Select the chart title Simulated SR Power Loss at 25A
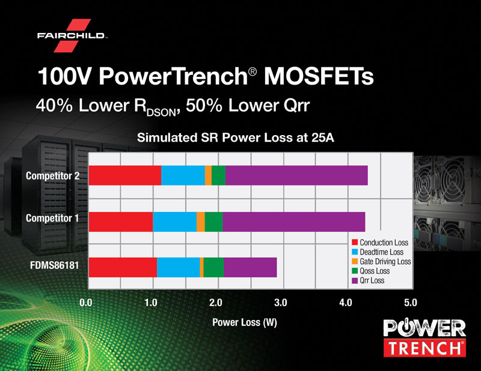click(236, 137)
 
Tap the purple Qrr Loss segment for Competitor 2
click(296, 175)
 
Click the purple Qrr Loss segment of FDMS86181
click(250, 267)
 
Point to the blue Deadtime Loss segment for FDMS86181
click(178, 267)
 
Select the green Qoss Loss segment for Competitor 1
click(213, 221)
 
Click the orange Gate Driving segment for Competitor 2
click(208, 175)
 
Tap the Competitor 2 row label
click(52, 176)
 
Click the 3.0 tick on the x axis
click(280, 301)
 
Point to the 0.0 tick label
click(88, 301)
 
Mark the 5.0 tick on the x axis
click(410, 301)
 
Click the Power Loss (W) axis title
click(245, 322)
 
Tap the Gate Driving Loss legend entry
click(385, 262)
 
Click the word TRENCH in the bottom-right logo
click(424, 348)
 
